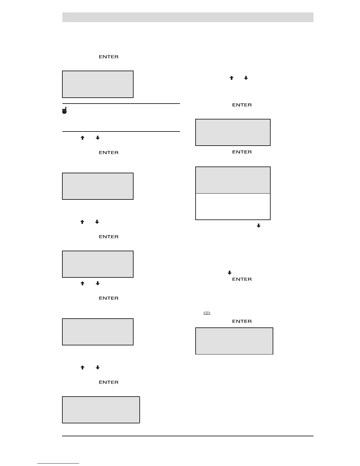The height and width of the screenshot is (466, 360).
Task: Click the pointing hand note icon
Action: [x=64, y=110]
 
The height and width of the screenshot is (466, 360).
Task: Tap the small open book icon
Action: [x=207, y=313]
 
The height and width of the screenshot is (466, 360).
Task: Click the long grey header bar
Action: [x=188, y=17]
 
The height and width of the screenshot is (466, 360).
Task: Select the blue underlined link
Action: [x=58, y=463]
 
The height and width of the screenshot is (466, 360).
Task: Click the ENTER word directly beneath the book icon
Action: [x=242, y=321]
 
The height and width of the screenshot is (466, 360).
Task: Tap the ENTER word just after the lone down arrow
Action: [x=242, y=279]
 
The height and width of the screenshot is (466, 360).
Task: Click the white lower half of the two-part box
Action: [x=233, y=207]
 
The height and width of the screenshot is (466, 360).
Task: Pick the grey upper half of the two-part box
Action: [x=233, y=180]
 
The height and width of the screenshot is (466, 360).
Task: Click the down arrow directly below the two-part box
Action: [x=259, y=226]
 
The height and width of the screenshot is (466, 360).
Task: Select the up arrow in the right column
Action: [x=231, y=78]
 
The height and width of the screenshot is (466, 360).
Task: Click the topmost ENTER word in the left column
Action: [x=109, y=57]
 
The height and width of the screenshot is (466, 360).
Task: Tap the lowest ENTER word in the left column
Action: [x=109, y=382]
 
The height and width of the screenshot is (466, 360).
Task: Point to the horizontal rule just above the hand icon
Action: [x=121, y=104]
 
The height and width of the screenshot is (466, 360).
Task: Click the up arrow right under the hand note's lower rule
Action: [x=82, y=138]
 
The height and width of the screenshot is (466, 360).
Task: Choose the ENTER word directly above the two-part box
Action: [x=242, y=152]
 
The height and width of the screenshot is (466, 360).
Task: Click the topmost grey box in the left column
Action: [x=98, y=84]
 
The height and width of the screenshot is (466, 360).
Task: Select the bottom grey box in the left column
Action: [x=101, y=410]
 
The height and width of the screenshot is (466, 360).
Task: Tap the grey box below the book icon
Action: [x=234, y=341]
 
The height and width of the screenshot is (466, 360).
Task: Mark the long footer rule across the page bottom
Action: [x=188, y=436]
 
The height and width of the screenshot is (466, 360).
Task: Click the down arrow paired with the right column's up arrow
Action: [x=246, y=78]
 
